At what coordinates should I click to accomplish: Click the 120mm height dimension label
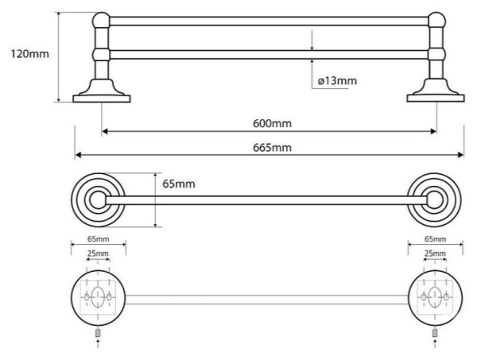pos(30,54)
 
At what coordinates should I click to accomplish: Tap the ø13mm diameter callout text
pos(337,81)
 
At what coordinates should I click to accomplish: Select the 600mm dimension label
pos(272,123)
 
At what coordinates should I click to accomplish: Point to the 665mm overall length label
pos(272,148)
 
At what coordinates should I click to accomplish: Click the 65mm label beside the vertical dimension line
pos(179,184)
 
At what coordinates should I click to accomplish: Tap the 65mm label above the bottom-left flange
pos(99,239)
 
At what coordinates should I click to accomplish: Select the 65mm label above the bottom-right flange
pos(436,239)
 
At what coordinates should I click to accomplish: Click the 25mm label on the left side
pos(98,254)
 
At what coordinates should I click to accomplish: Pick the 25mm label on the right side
pos(435,254)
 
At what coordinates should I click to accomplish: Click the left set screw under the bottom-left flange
pos(98,333)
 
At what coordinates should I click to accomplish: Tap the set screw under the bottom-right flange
pos(435,333)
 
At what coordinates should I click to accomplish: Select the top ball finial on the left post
pos(101,21)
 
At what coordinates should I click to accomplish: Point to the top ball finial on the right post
pos(436,21)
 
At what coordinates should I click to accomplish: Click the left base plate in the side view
pos(102,99)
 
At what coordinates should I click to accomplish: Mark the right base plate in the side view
pos(436,99)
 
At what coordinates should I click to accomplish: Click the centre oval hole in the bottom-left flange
pos(98,296)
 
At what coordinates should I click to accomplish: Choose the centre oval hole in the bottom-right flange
pos(435,296)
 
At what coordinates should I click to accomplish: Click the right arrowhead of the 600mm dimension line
pos(433,131)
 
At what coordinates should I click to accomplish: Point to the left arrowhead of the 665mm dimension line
pos(79,155)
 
